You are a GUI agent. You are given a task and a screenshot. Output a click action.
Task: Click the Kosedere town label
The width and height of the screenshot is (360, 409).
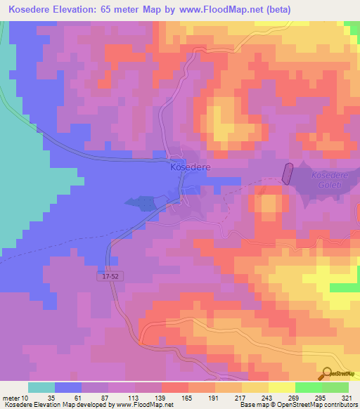pos(190,169)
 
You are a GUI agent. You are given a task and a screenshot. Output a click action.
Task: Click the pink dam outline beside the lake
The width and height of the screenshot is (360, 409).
pos(287,173)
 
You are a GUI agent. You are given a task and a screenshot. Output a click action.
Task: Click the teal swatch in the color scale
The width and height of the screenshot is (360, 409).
pos(41,387)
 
